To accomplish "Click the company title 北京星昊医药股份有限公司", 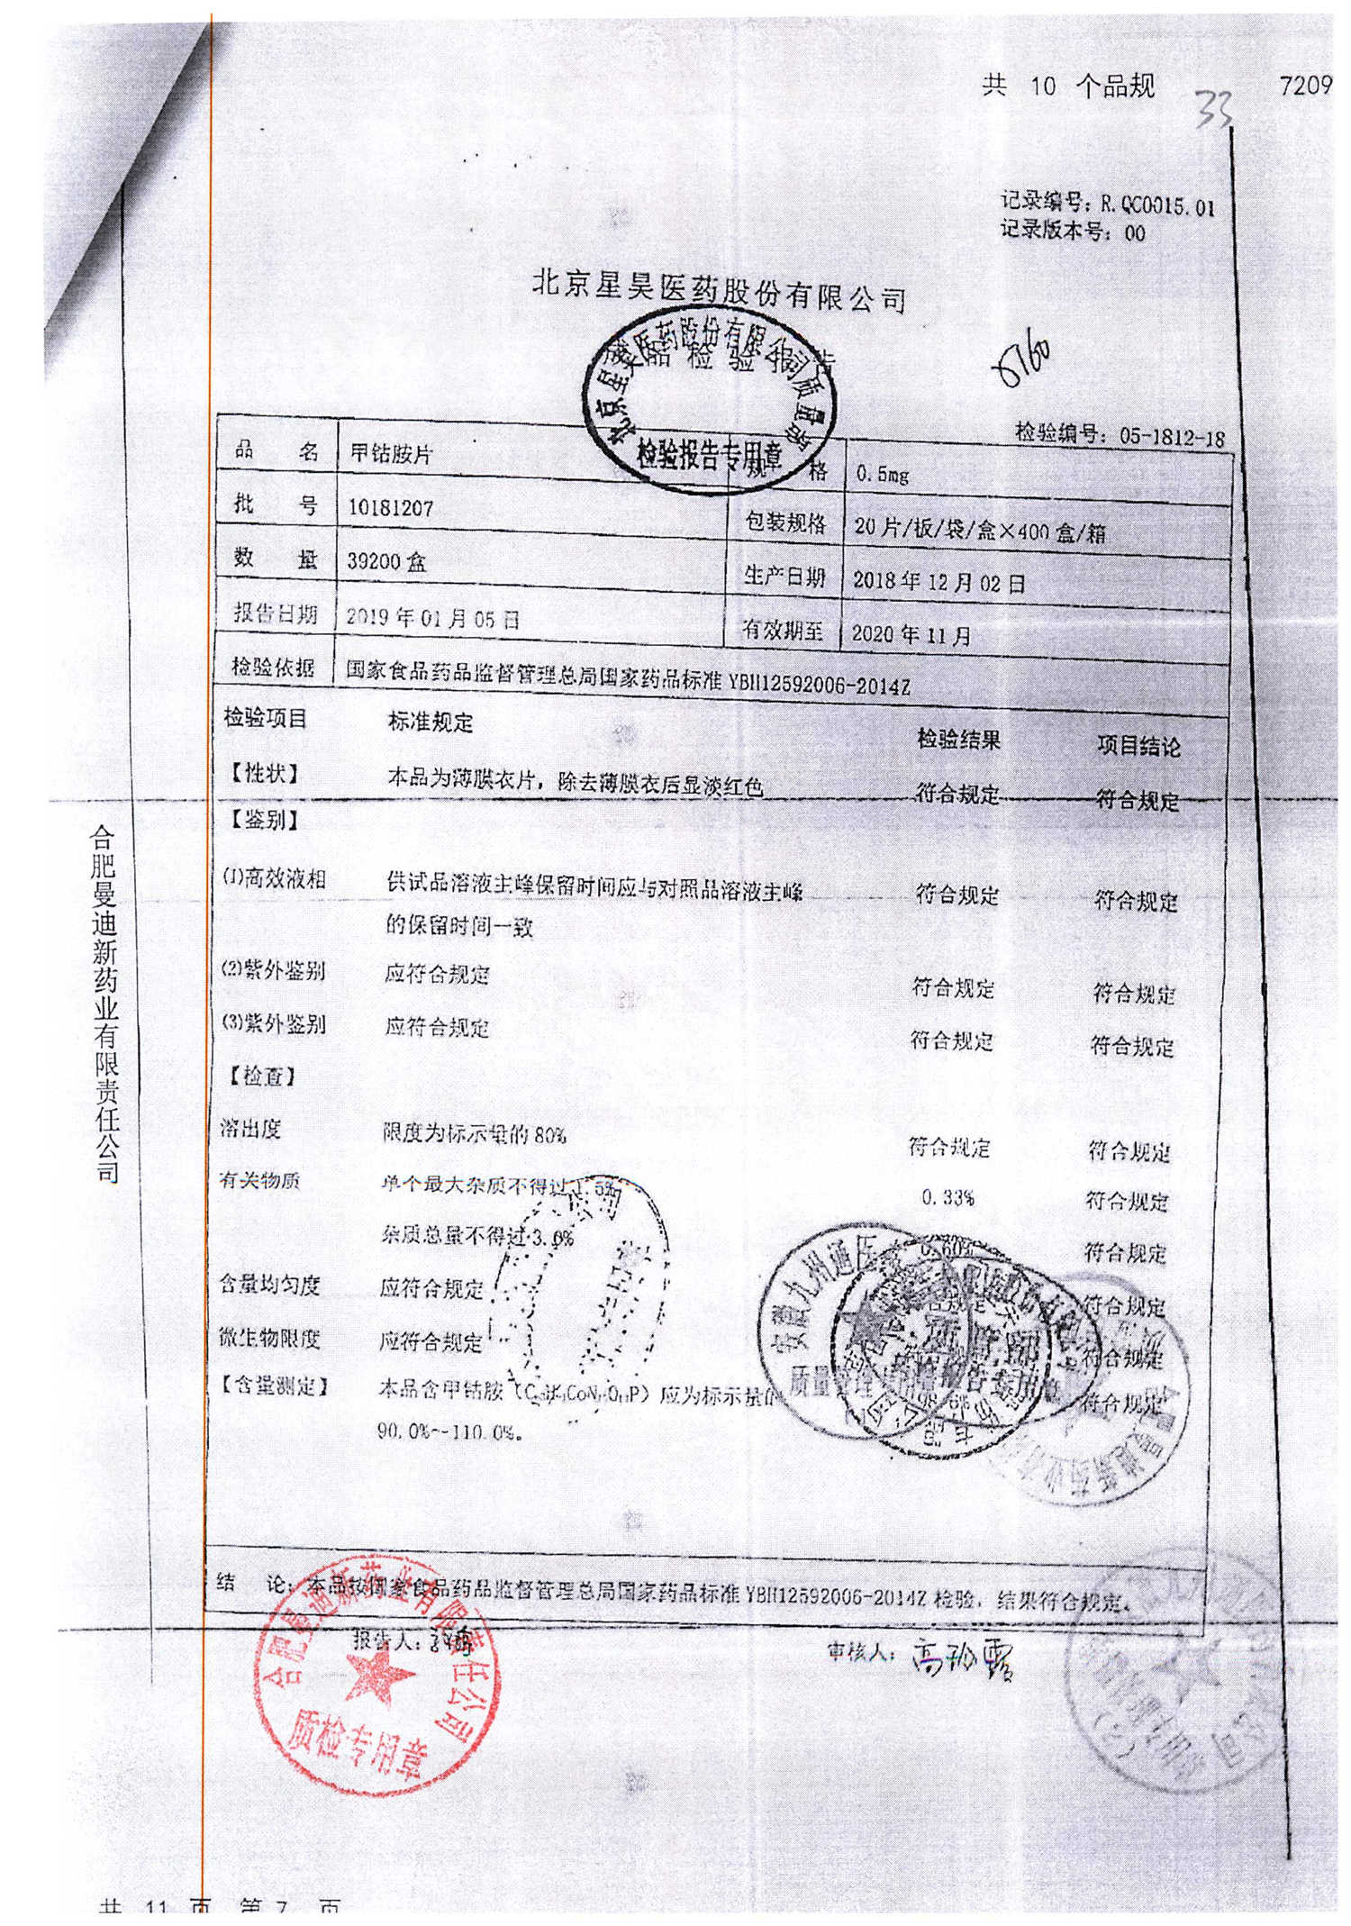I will coord(719,291).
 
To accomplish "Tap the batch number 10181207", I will coord(391,508).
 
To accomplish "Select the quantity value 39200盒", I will coord(387,562).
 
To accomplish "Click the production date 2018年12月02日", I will coord(938,582).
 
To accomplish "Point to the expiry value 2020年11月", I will coord(911,635).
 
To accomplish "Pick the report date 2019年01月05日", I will coord(433,618).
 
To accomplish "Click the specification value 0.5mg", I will coord(883,474).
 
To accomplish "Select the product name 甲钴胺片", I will coord(391,453).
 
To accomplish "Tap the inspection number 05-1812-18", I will coord(1172,438).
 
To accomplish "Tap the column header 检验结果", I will coord(958,740).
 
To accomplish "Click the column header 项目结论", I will coord(1138,747).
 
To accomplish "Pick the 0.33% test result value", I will coord(948,1198).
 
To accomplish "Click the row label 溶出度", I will coord(250,1128).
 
